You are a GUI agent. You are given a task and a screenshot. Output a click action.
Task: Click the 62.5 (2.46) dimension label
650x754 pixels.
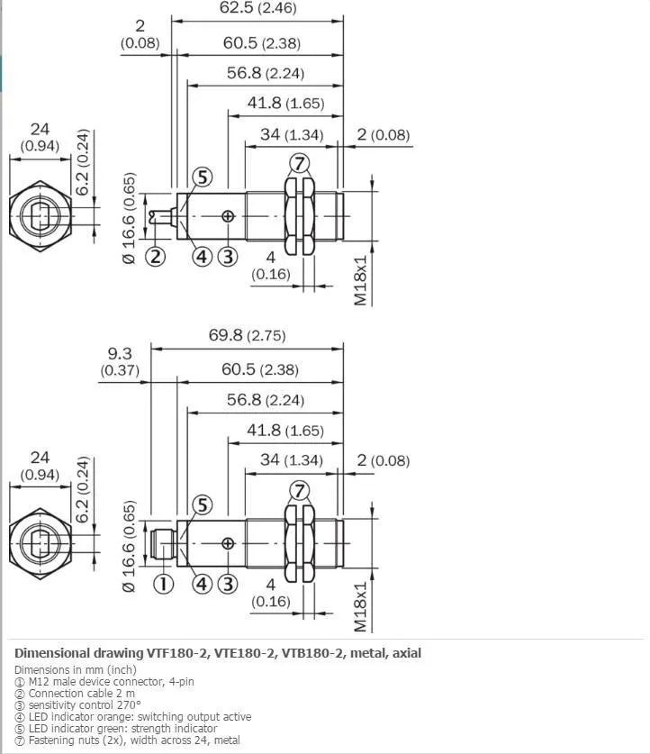258,7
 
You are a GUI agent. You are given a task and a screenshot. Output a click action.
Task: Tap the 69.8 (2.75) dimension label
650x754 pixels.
247,335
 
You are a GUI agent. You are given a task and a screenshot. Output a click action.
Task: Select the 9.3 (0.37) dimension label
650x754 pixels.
120,361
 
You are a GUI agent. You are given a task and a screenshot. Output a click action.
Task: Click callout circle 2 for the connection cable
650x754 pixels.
155,257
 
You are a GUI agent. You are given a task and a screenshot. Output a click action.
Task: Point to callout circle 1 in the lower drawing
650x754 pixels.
163,584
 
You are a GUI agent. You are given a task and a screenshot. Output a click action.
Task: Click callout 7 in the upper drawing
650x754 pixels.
300,163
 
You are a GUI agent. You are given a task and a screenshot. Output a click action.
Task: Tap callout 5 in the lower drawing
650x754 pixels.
203,504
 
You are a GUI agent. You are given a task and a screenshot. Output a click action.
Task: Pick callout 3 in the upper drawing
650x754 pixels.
228,257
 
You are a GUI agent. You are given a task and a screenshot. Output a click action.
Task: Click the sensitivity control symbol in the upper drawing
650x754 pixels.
228,216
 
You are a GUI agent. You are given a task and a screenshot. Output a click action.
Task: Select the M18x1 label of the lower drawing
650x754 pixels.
360,607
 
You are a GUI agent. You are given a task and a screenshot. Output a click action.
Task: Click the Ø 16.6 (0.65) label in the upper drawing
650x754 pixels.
129,218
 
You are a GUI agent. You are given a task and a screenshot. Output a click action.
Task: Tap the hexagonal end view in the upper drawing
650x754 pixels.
41,216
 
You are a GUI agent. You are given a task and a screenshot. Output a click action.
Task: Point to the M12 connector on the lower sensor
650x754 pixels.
163,543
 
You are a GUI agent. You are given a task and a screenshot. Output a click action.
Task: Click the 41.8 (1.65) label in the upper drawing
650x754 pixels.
286,103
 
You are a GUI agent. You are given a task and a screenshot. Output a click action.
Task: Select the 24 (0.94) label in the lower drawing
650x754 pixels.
40,466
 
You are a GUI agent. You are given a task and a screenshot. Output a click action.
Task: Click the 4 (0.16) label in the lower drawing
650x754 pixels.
271,593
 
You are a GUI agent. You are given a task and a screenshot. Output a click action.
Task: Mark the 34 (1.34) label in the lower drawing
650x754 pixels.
292,459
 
